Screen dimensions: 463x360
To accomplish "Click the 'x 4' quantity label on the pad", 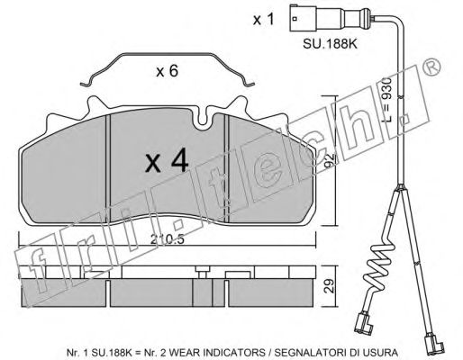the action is pyautogui.click(x=167, y=162).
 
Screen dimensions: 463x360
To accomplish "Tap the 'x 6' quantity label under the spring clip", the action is pyautogui.click(x=168, y=71).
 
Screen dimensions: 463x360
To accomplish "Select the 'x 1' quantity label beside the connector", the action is pyautogui.click(x=264, y=20).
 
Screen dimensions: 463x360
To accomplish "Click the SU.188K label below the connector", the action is pyautogui.click(x=330, y=44).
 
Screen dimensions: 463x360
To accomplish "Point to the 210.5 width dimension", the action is pyautogui.click(x=167, y=239).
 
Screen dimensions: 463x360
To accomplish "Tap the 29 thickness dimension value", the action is pyautogui.click(x=330, y=286).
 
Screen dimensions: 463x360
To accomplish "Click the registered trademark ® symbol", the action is pyautogui.click(x=432, y=67).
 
